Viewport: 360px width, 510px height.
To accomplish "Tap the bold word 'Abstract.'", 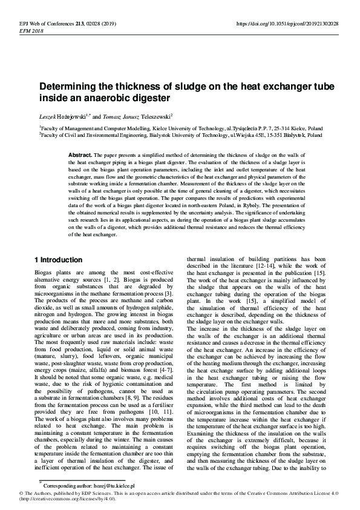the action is (80, 156).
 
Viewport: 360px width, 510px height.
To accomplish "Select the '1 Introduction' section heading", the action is (58, 260).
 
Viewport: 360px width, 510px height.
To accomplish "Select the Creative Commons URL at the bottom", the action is (66, 498).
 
